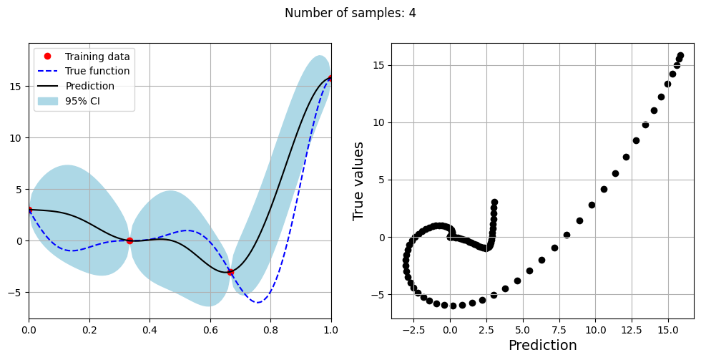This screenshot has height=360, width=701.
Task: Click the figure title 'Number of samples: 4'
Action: point(350,13)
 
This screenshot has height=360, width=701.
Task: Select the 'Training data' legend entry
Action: point(97,57)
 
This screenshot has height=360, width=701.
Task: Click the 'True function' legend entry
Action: point(97,72)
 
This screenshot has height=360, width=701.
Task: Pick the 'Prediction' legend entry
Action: point(89,87)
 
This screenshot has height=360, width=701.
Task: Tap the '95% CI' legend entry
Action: point(82,102)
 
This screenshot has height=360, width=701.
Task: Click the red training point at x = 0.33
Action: point(129,240)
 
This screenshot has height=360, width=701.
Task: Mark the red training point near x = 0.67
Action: point(230,272)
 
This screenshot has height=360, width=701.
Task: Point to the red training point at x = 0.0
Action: point(29,210)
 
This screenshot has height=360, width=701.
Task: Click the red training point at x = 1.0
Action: point(331,78)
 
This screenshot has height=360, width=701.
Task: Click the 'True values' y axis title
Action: point(359,180)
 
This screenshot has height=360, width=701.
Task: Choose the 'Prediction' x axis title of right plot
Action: point(542,346)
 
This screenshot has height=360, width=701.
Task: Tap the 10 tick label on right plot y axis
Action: point(379,122)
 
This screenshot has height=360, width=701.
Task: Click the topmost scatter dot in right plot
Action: point(680,56)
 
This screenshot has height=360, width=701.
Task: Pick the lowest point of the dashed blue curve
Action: point(258,302)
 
